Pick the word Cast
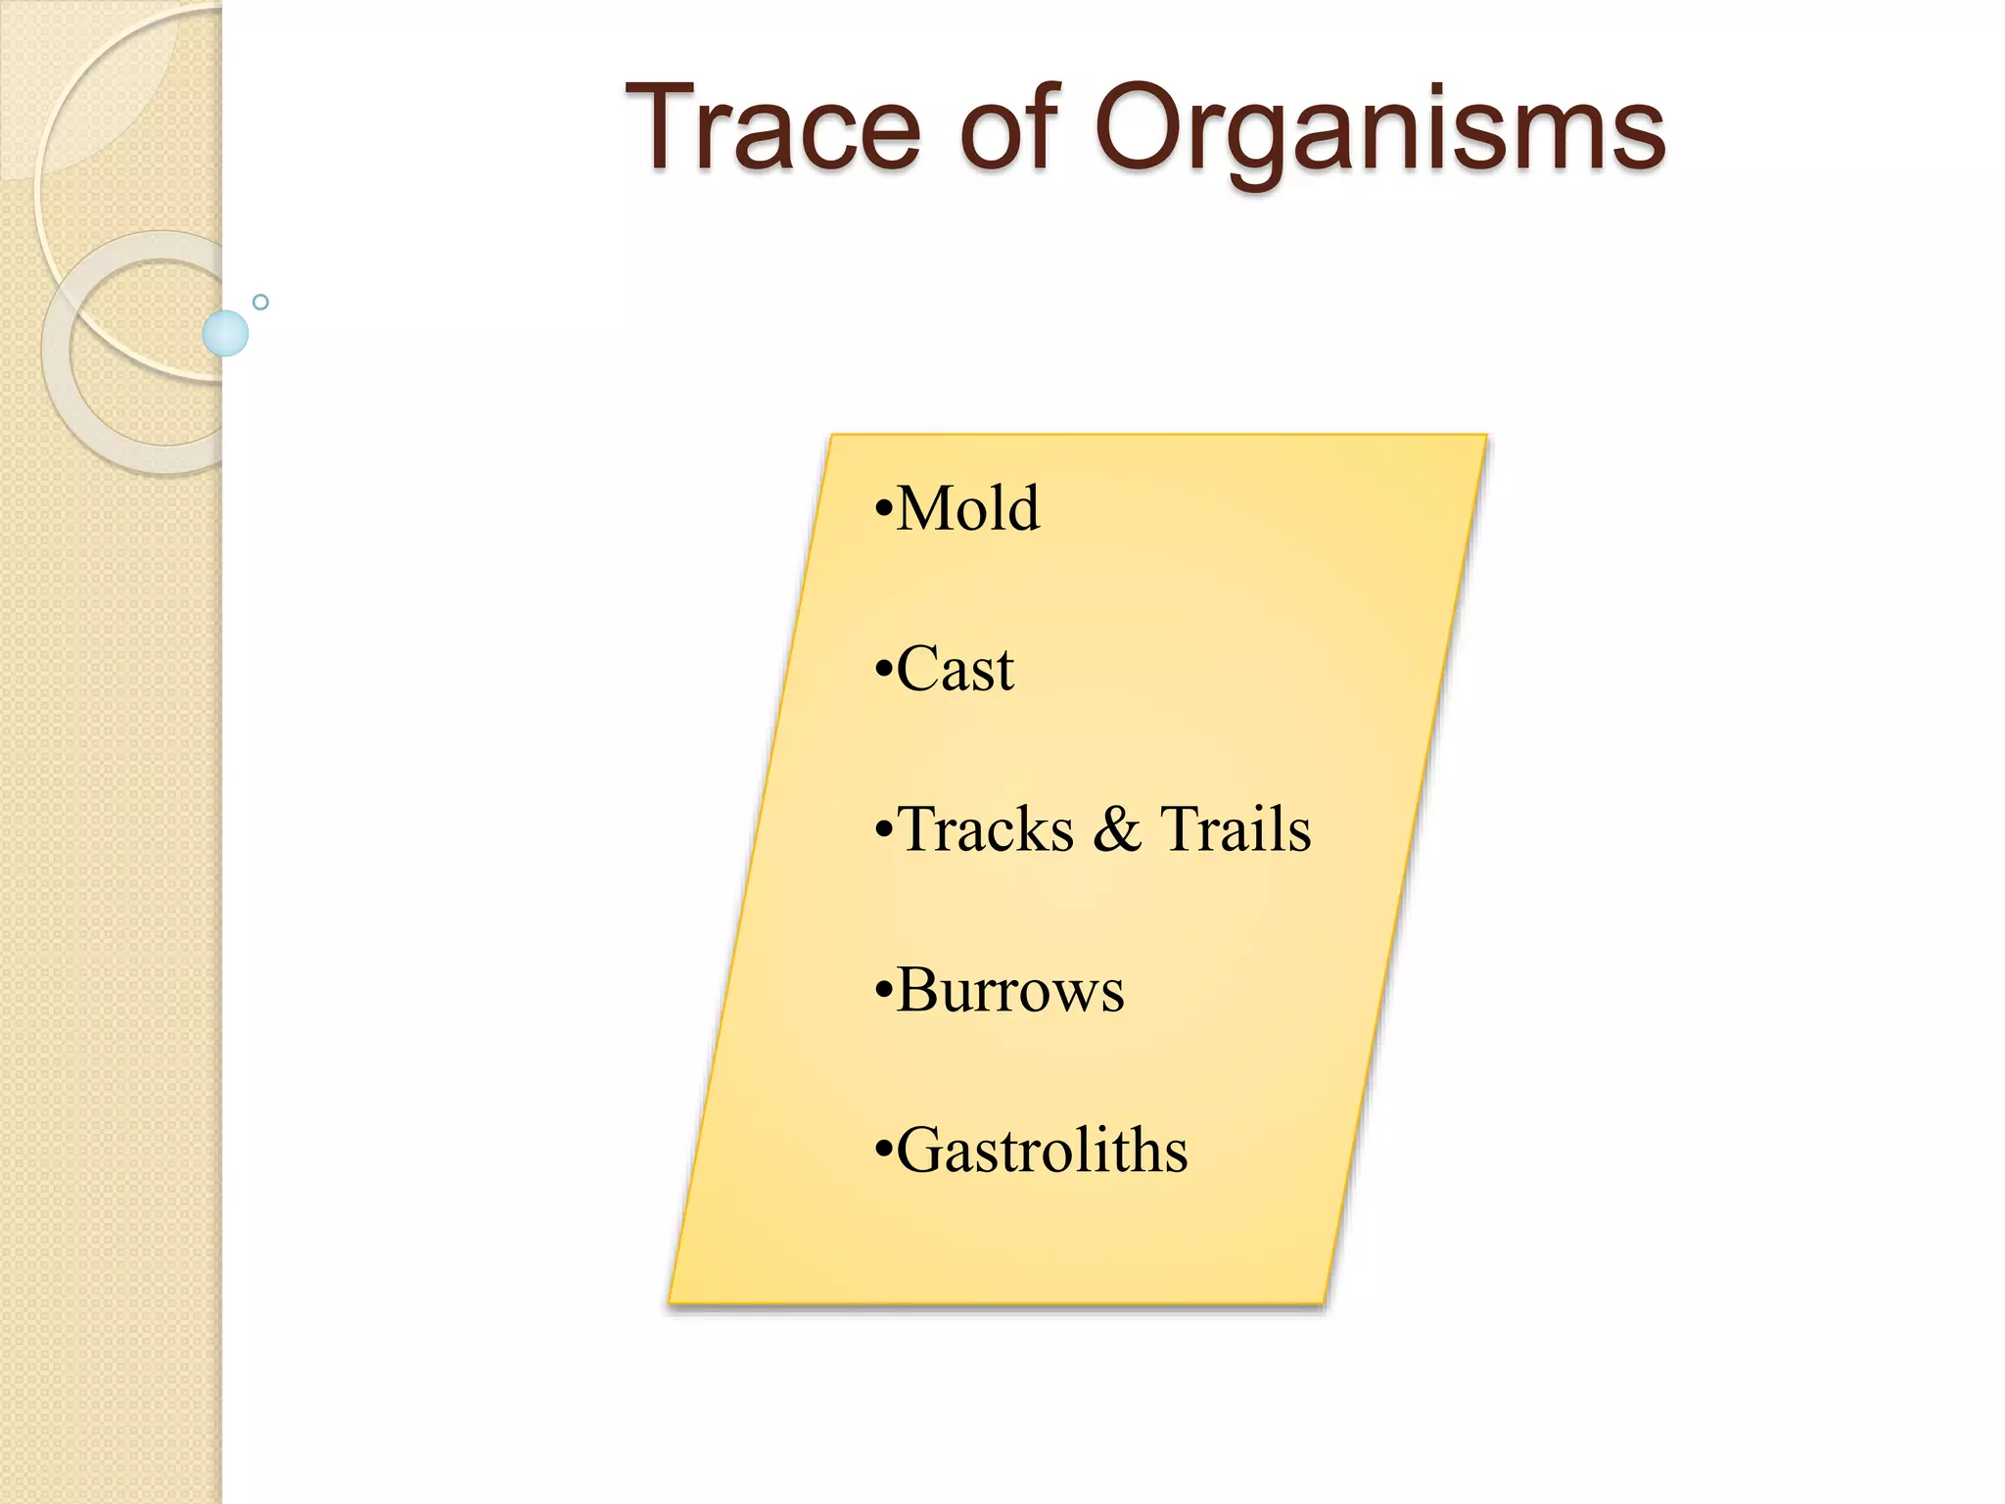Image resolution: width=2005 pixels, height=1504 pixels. click(955, 670)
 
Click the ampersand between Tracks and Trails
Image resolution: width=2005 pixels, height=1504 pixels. click(1117, 829)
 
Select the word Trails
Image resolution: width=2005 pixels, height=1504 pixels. click(1236, 829)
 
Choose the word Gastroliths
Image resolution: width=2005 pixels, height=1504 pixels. click(1042, 1151)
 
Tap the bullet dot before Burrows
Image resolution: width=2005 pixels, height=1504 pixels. click(883, 992)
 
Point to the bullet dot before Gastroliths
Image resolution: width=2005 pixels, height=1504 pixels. click(883, 1152)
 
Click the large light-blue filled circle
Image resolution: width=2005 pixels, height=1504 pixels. click(225, 333)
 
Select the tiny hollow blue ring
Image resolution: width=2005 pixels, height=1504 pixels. click(260, 302)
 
